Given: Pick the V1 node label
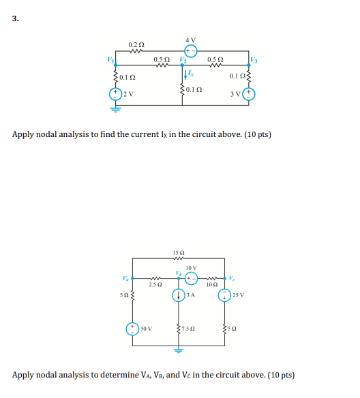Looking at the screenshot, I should pos(107,61).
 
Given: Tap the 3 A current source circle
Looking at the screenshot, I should pos(179,295).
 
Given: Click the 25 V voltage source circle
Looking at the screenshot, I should pos(224,295).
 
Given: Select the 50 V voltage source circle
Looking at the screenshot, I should pos(133,328).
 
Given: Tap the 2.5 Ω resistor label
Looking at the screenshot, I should pos(155,284).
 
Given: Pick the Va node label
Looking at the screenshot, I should pos(124,275).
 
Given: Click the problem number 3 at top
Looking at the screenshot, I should pos(14,18).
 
